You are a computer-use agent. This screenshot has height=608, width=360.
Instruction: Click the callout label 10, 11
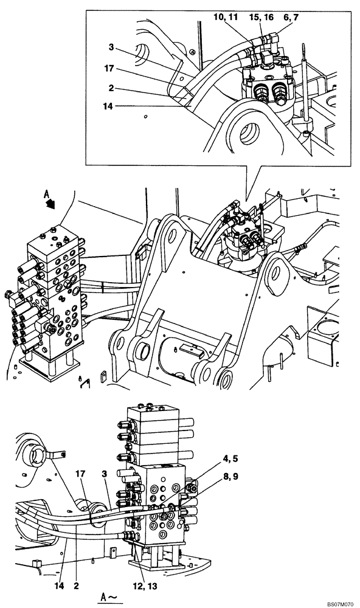point(226,18)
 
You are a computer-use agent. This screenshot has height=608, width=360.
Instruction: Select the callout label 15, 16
point(261,18)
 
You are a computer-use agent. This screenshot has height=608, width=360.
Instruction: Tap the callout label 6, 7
point(291,18)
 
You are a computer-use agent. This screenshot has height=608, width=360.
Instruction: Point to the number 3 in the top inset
point(111,47)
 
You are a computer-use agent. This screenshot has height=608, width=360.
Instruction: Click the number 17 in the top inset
point(109,68)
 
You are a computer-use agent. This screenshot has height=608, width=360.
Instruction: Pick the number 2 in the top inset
point(111,88)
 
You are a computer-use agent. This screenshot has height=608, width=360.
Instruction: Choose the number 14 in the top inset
point(108,106)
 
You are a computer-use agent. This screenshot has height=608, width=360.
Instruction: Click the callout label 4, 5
point(230,458)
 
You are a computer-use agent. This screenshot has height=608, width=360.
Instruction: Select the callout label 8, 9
point(230,477)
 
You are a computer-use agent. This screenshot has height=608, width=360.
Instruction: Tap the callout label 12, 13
point(144,586)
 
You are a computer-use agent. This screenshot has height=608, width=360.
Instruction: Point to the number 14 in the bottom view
point(60,586)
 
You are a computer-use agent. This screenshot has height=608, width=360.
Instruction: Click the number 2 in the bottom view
point(76,586)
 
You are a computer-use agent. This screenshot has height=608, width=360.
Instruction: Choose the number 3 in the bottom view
point(104,474)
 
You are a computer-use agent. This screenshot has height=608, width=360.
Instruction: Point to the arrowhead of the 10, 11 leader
point(252,41)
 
